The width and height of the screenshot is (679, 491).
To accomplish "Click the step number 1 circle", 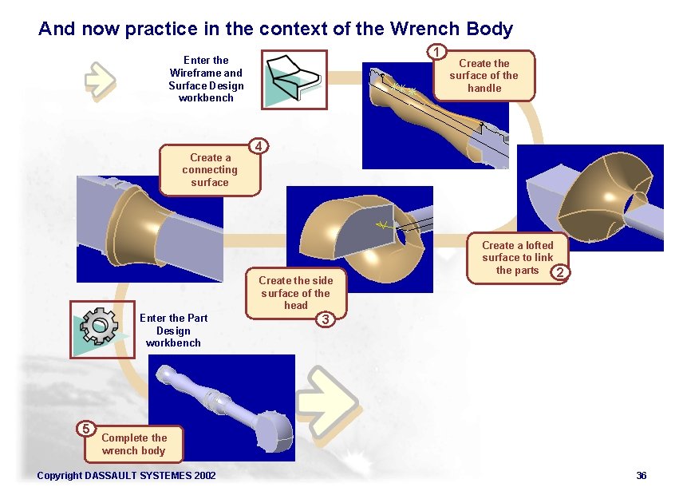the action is (x=436, y=53).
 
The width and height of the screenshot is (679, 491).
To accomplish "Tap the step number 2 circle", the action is (x=562, y=273).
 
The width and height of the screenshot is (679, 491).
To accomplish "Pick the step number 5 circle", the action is (x=88, y=428).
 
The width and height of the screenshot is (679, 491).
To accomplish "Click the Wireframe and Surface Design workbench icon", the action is (x=294, y=79).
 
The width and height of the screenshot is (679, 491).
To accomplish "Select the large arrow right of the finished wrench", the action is (x=336, y=398).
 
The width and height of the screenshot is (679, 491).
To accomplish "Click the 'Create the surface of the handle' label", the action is (x=484, y=76).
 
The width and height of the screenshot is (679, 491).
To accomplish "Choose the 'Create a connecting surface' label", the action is (x=210, y=170).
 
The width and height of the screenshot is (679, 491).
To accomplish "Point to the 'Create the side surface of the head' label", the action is (x=295, y=292).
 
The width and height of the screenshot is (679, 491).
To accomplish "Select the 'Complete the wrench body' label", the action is (x=134, y=444).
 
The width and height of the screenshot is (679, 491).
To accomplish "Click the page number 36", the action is (x=641, y=476).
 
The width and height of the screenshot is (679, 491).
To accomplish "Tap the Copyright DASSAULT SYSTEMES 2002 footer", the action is (x=126, y=476).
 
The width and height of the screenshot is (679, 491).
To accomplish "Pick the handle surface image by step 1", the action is (x=436, y=116).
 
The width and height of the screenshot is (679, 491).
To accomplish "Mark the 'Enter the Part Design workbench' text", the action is (x=173, y=331).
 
